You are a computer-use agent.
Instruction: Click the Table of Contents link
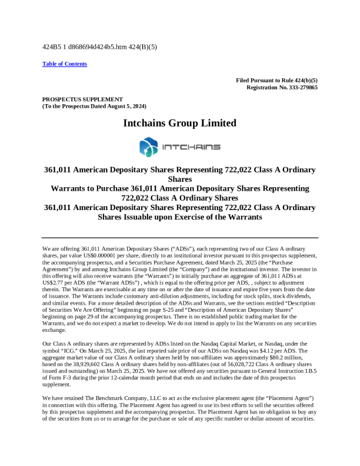[65, 64]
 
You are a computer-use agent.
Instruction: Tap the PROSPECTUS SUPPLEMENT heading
[82, 99]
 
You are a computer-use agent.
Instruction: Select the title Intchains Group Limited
[180, 124]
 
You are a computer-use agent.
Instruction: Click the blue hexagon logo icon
[146, 147]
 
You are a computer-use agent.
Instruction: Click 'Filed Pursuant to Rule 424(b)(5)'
[276, 80]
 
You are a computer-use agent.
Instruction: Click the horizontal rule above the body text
[180, 237]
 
